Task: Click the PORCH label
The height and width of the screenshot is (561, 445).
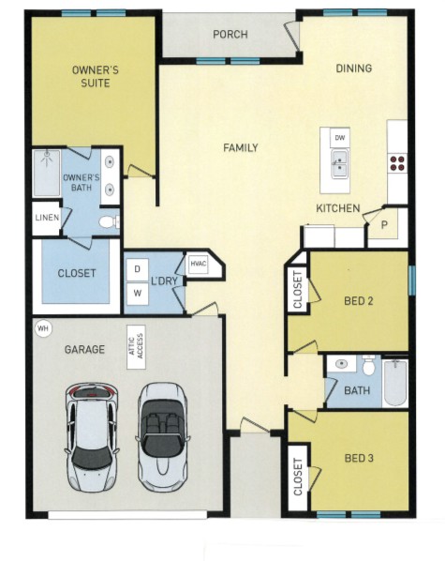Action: [x=230, y=35]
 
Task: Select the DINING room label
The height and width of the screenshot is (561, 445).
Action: [x=354, y=68]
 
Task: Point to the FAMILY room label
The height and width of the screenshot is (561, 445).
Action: [x=240, y=148]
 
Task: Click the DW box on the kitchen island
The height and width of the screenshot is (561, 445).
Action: [x=340, y=138]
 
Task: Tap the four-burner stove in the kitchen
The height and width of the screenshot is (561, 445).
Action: [x=397, y=160]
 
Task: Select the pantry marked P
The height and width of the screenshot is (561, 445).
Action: [x=384, y=225]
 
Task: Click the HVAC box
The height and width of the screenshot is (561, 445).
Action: [x=198, y=264]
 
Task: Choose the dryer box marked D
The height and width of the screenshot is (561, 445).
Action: [x=137, y=269]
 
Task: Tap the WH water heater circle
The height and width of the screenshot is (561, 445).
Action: [x=42, y=329]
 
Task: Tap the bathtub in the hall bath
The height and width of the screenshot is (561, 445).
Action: [x=395, y=383]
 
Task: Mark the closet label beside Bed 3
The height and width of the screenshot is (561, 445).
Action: [x=298, y=478]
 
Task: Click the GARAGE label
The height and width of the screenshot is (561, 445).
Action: [x=83, y=349]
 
